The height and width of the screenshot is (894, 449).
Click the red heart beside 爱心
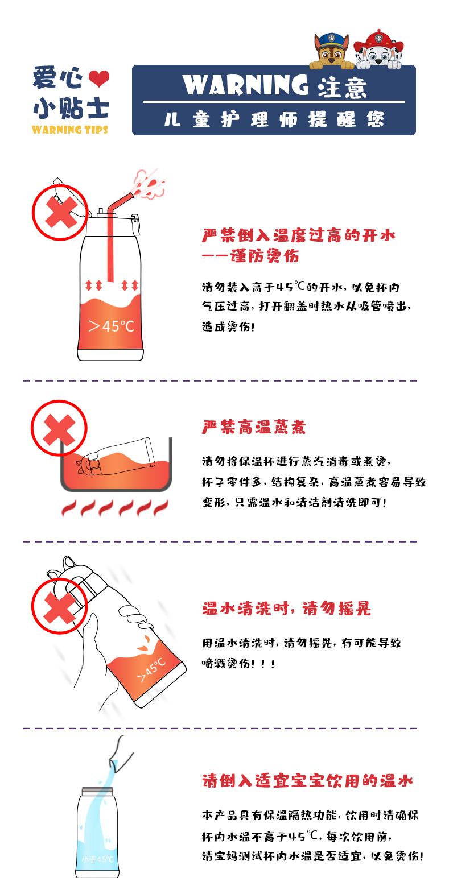98,78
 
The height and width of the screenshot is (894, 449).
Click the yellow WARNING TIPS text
70,129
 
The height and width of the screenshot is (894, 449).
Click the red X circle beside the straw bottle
60,212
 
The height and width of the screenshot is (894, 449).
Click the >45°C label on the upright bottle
111,326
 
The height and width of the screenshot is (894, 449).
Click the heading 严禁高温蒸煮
254,427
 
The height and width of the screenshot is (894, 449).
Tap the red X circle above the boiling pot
59,428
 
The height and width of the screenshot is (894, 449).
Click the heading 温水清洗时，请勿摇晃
286,609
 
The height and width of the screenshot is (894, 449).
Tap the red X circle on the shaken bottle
60,606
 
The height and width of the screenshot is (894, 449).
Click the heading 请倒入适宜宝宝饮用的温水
307,780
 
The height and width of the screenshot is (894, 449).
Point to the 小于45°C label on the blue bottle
97,859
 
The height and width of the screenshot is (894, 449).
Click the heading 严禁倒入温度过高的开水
298,235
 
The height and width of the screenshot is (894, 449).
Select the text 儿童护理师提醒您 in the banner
274,119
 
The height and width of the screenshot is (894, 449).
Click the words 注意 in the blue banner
343,87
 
